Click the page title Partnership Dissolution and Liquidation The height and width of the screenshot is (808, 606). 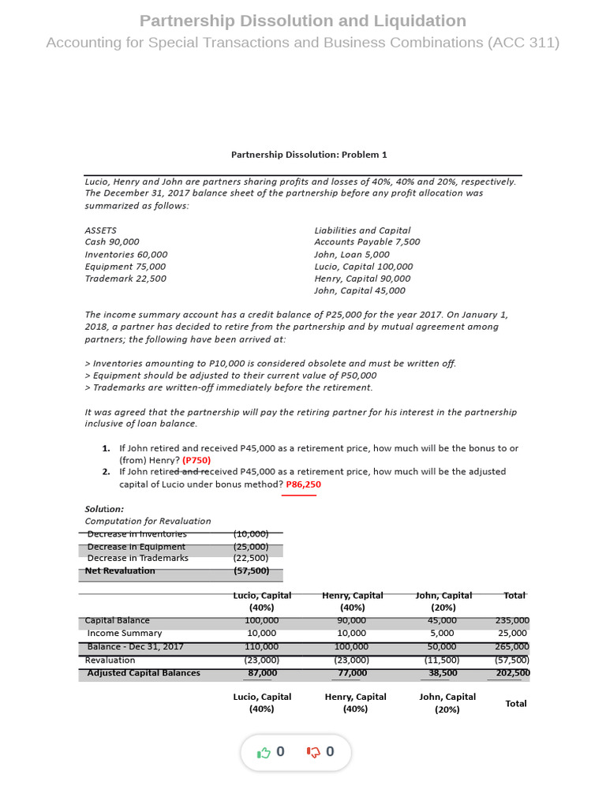click(x=302, y=21)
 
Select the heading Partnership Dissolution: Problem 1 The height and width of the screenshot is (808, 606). click(x=309, y=155)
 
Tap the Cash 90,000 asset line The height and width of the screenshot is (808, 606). click(x=112, y=242)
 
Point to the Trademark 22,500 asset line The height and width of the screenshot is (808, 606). click(x=125, y=279)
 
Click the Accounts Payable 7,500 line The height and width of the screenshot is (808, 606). click(x=367, y=242)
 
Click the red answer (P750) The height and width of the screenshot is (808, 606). click(x=196, y=460)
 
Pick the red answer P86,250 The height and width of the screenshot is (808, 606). click(x=303, y=484)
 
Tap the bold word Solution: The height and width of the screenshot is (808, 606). click(x=104, y=509)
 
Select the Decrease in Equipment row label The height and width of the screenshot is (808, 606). click(x=136, y=547)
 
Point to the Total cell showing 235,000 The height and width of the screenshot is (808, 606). click(x=512, y=621)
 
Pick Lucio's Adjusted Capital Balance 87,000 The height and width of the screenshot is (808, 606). click(x=262, y=673)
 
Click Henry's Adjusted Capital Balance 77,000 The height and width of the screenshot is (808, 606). click(x=352, y=673)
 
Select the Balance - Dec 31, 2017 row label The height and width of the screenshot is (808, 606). click(x=135, y=646)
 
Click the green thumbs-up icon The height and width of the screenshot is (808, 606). click(x=264, y=752)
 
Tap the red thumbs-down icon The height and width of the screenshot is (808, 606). click(x=313, y=752)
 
